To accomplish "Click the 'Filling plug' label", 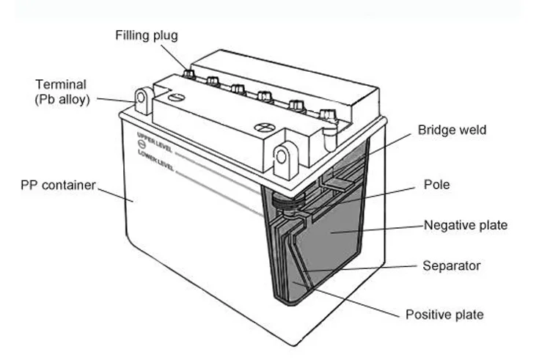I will point(146,35).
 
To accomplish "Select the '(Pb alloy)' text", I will point(62,100).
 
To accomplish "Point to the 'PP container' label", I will point(58,185).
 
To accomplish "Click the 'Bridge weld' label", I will point(452,130).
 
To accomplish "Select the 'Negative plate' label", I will point(465,225).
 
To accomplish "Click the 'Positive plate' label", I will point(444,315).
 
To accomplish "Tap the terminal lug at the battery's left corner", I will point(143,99).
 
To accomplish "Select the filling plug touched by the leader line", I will point(188,74).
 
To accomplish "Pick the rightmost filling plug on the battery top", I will point(327,115).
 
